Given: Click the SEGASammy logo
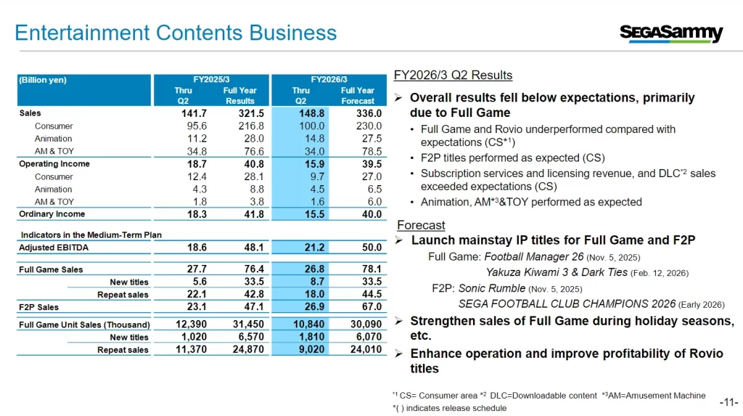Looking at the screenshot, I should tap(671, 33).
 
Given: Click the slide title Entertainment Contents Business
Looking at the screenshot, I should tap(176, 33).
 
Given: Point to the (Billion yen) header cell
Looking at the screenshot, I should tap(43, 81).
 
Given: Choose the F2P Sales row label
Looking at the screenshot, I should tap(38, 307).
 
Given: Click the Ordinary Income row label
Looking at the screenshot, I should tap(52, 214).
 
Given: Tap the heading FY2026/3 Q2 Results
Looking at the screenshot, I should tap(453, 76).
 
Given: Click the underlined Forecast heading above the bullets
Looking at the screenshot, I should tap(421, 225).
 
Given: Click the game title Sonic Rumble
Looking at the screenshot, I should tap(497, 288).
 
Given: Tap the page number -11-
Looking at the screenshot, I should tap(728, 402).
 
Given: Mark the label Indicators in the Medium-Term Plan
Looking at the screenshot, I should tap(91, 234).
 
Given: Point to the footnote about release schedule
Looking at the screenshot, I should tap(448, 408).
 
